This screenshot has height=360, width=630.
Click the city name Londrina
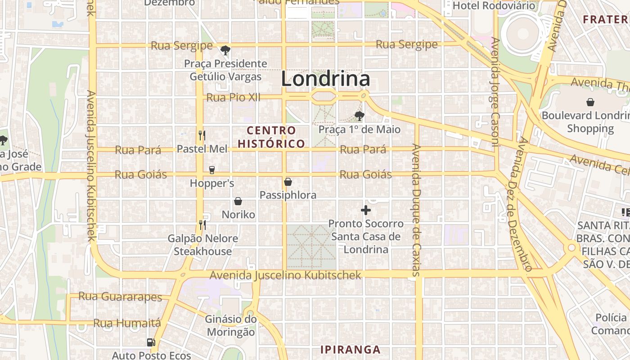tap(325, 79)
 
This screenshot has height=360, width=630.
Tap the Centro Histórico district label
tap(271, 137)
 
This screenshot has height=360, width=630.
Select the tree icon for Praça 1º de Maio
tap(359, 116)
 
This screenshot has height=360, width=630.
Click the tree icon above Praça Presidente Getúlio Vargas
tap(225, 50)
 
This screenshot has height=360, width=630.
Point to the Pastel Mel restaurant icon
tap(202, 135)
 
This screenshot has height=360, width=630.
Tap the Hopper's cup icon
tap(212, 170)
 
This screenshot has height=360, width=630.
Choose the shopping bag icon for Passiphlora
tap(288, 182)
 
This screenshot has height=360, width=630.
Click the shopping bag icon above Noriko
tap(238, 201)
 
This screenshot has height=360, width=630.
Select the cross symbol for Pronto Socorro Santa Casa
tap(366, 210)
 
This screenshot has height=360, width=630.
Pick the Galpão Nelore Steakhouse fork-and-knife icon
tap(202, 224)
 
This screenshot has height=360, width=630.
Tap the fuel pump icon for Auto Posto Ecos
tap(151, 342)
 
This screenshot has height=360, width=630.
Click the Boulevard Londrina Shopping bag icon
tap(590, 102)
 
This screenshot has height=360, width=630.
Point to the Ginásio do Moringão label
tap(230, 326)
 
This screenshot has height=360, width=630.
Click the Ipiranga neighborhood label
tap(350, 350)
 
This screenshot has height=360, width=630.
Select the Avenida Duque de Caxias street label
tap(415, 209)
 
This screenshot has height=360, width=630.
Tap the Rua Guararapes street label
tap(120, 297)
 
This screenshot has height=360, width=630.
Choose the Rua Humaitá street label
tap(127, 323)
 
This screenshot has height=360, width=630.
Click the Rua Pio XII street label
tap(233, 97)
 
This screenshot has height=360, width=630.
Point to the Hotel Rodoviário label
tap(494, 5)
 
